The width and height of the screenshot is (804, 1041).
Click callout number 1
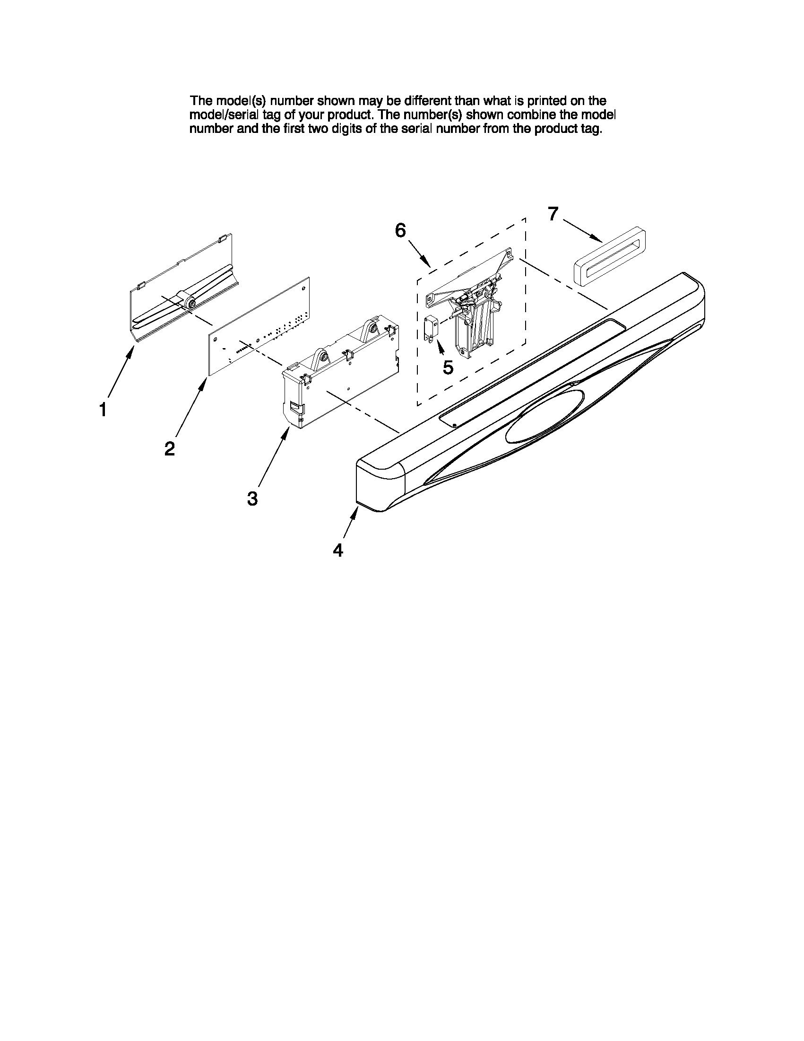(x=103, y=410)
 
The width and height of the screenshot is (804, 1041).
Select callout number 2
(x=170, y=448)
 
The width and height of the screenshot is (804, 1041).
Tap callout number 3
(x=252, y=499)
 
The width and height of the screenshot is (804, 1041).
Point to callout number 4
(x=337, y=551)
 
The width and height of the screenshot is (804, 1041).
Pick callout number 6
(x=400, y=231)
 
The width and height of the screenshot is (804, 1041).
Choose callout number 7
(x=553, y=214)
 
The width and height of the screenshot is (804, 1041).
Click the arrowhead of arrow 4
(x=355, y=512)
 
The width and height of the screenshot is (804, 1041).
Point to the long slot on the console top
(x=534, y=371)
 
